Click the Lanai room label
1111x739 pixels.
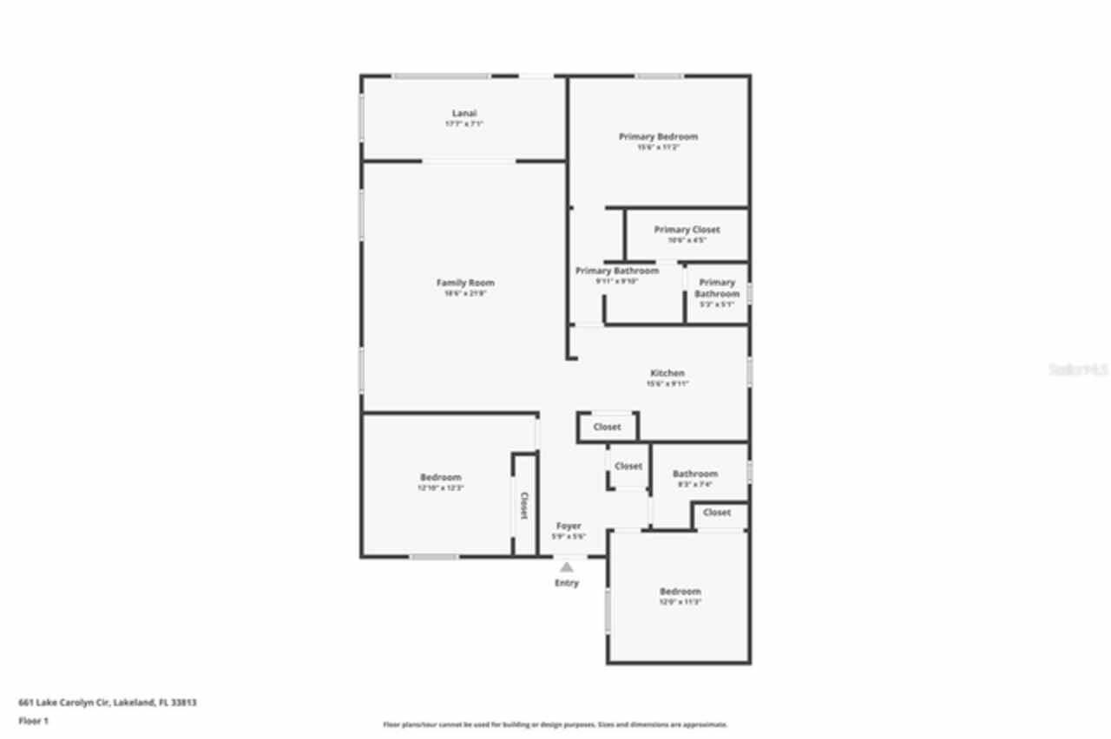tap(464, 114)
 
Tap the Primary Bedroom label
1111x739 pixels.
tap(658, 136)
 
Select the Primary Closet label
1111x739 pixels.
tap(687, 230)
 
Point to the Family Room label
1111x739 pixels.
tap(464, 283)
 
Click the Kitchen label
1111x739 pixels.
tap(667, 373)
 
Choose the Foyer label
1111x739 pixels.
tap(569, 526)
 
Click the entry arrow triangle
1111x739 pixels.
tap(567, 566)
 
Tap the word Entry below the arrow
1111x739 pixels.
tap(567, 583)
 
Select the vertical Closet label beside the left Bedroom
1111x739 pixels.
tap(523, 506)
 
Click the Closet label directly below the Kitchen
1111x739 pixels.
tap(607, 427)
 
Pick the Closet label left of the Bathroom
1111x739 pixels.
tap(628, 466)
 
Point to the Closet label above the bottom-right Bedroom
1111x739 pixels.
tap(717, 513)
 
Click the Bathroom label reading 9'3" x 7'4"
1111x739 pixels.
tap(695, 474)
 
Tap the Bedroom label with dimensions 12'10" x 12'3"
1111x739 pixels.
tap(441, 477)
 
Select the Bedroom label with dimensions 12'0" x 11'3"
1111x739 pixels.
tap(680, 592)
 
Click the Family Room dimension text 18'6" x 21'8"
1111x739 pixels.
tap(464, 294)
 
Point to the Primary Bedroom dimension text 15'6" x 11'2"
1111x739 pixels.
tap(658, 147)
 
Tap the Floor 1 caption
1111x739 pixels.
tap(34, 721)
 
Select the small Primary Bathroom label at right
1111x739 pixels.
tap(717, 288)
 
